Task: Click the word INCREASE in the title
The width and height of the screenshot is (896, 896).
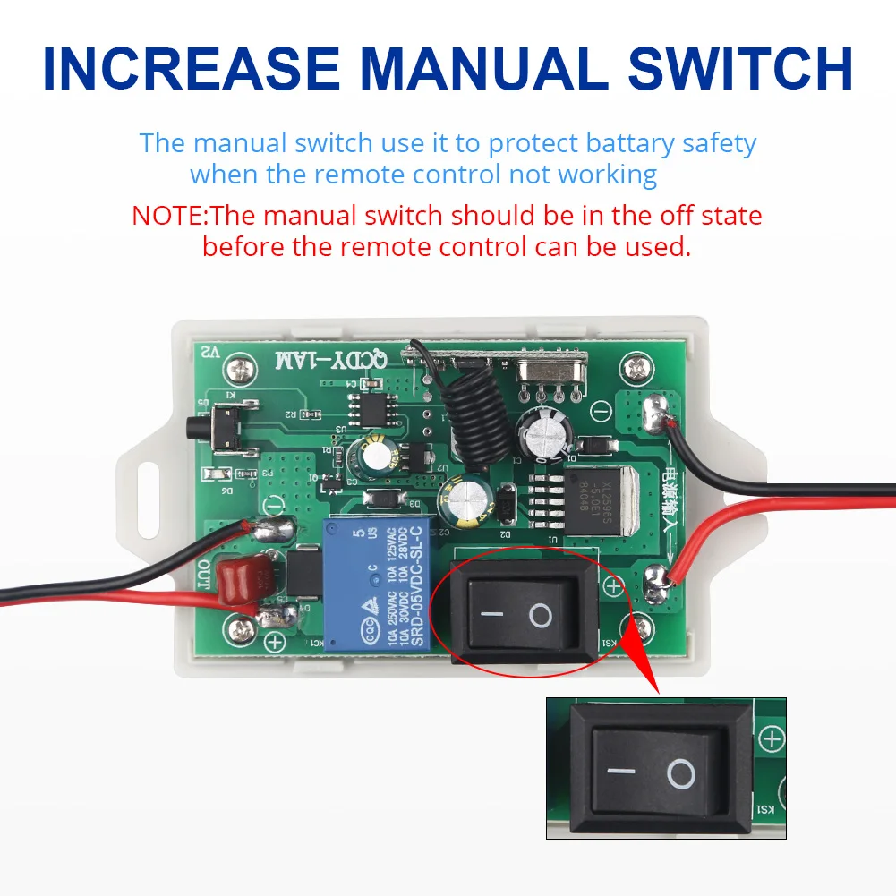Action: [190, 68]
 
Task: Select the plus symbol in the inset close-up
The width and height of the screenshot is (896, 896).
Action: [771, 738]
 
